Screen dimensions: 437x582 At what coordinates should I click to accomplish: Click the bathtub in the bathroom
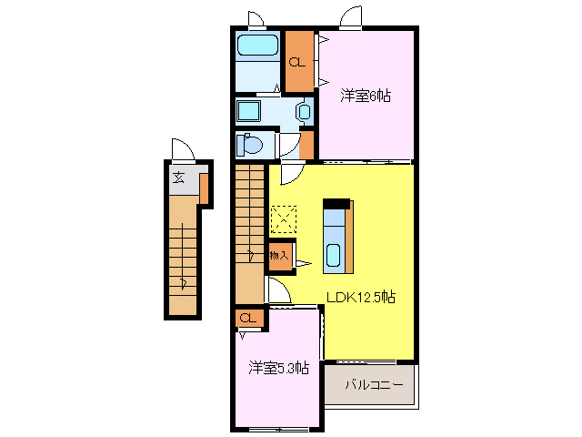point(257,46)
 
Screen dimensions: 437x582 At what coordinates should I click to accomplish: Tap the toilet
point(249,145)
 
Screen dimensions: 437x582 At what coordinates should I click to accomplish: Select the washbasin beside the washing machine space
point(304,113)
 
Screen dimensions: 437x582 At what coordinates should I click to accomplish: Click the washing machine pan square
point(247,112)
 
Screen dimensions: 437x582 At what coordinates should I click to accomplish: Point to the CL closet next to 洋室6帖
point(297,61)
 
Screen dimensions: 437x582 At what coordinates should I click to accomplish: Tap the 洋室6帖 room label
point(366,95)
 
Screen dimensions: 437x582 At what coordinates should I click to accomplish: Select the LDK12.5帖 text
point(361,296)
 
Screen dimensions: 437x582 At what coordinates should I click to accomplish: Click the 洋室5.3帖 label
point(279,368)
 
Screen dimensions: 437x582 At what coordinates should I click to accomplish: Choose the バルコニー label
point(373,385)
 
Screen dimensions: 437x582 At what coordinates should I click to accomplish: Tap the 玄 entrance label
point(179,177)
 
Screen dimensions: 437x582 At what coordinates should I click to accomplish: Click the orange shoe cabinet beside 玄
point(205,187)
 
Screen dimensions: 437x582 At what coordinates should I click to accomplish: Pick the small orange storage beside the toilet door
point(306,145)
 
